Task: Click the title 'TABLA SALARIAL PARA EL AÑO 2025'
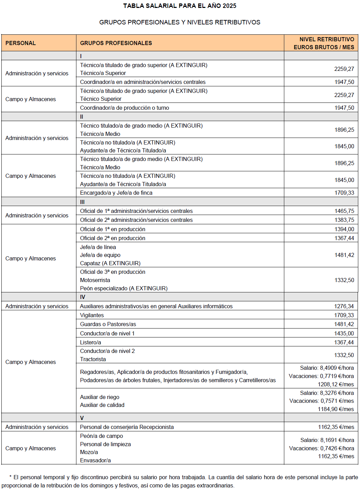[180, 6]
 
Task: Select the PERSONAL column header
[21, 43]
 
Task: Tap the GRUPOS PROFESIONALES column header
[116, 43]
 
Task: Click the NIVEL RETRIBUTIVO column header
[324, 43]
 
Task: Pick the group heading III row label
[82, 202]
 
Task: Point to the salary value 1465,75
[344, 211]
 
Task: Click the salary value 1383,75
[344, 220]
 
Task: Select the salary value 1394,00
[344, 229]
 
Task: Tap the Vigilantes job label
[92, 315]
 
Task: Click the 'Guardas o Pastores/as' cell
[108, 324]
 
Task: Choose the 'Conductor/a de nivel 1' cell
[107, 333]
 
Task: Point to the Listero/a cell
[91, 342]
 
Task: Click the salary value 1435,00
[344, 333]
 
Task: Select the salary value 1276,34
[344, 306]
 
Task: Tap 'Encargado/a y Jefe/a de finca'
[116, 193]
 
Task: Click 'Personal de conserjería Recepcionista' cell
[127, 427]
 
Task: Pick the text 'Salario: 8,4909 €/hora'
[327, 368]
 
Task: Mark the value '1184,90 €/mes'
[336, 409]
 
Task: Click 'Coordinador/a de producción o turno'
[125, 108]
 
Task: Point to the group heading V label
[82, 418]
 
